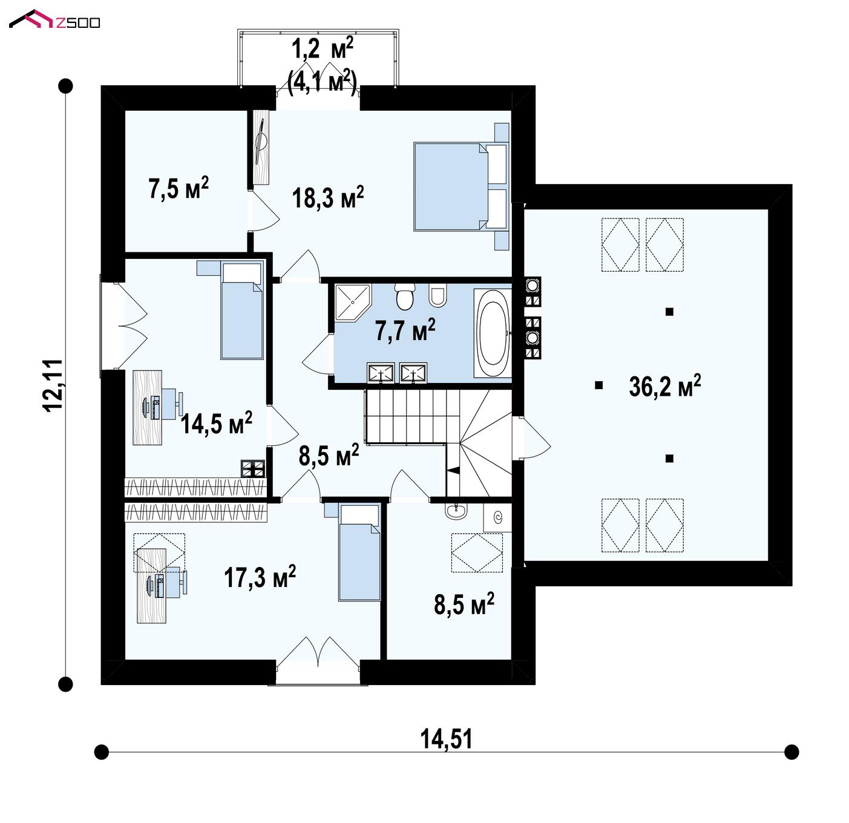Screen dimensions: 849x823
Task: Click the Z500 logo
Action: tap(54, 19)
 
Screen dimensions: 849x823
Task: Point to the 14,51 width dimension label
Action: tap(446, 739)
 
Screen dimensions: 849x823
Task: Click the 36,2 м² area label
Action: tap(664, 385)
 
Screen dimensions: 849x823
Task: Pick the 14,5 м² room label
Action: tap(216, 422)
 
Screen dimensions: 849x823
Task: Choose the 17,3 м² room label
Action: tap(260, 577)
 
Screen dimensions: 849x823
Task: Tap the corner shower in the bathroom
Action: tap(352, 303)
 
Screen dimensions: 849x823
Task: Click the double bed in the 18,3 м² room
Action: tap(461, 186)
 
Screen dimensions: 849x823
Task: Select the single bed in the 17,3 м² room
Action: tap(359, 552)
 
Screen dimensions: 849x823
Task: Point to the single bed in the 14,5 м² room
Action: tap(241, 309)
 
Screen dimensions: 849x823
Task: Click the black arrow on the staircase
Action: tap(452, 470)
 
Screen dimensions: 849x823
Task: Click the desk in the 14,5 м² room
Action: tap(147, 407)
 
